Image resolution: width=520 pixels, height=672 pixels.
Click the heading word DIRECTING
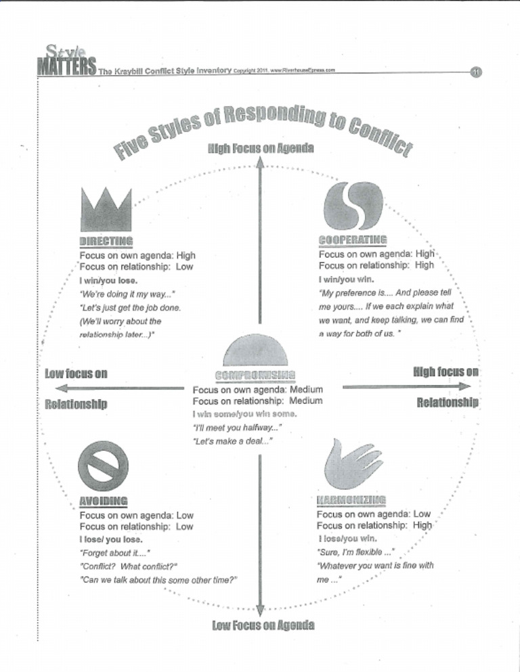(x=106, y=240)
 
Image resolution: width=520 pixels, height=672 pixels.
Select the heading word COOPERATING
(x=352, y=240)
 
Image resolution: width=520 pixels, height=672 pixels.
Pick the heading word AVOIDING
(x=104, y=501)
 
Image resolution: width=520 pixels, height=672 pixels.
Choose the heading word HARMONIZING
(x=351, y=500)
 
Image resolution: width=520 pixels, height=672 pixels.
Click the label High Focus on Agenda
(x=260, y=148)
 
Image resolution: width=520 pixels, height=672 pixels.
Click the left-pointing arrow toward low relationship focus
(x=115, y=388)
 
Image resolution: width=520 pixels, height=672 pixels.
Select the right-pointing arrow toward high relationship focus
(x=406, y=386)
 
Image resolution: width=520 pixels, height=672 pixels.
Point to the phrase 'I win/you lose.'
(x=109, y=280)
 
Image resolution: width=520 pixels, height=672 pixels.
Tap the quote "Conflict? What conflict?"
(x=129, y=566)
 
